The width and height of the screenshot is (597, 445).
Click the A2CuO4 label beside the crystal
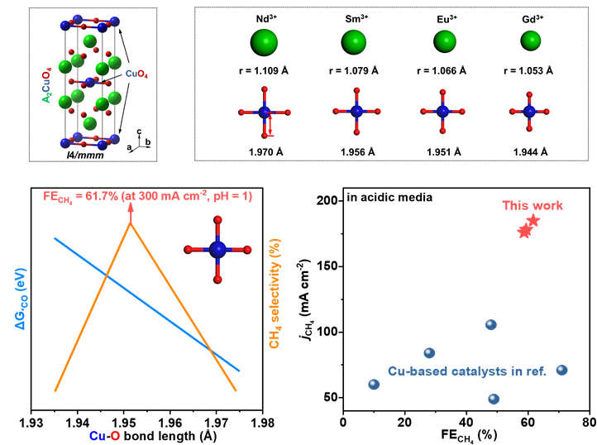(x=47, y=87)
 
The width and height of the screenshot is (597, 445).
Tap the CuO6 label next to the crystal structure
(x=137, y=74)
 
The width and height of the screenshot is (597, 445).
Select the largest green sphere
(x=265, y=42)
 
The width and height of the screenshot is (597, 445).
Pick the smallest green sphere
(x=531, y=40)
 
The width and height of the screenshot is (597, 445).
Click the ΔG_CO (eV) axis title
(x=21, y=299)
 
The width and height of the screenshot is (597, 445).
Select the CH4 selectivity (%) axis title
(x=275, y=294)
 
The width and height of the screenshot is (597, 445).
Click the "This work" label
(x=533, y=205)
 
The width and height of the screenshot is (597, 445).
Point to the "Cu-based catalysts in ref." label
(x=467, y=371)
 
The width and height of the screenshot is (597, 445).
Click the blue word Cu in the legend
(x=98, y=436)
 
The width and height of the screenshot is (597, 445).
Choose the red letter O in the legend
(x=115, y=436)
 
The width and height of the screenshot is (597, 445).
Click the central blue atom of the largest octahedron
(x=217, y=250)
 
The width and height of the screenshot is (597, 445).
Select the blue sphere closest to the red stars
(x=491, y=325)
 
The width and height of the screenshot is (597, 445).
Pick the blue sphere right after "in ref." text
(x=562, y=370)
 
